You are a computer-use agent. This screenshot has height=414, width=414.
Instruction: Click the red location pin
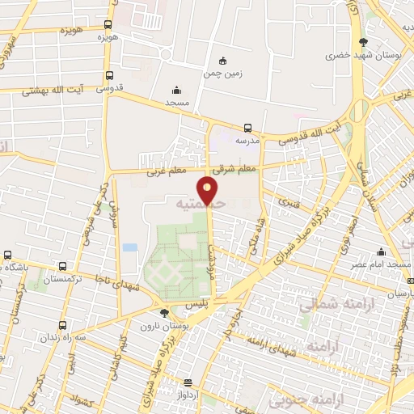pyautogui.click(x=209, y=191)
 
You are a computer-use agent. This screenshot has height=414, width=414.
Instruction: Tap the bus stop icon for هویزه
pyautogui.click(x=108, y=25)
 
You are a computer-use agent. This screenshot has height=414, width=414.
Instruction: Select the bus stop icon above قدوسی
pyautogui.click(x=108, y=76)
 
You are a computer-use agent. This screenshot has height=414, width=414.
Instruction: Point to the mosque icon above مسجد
pyautogui.click(x=176, y=90)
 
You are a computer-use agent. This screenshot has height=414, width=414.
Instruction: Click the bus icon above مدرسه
pyautogui.click(x=248, y=127)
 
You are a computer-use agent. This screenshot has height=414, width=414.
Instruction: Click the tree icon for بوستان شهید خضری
pyautogui.click(x=361, y=42)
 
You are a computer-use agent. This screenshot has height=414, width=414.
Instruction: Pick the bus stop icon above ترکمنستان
pyautogui.click(x=6, y=255)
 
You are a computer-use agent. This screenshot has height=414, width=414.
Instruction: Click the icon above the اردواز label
pyautogui.click(x=188, y=382)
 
